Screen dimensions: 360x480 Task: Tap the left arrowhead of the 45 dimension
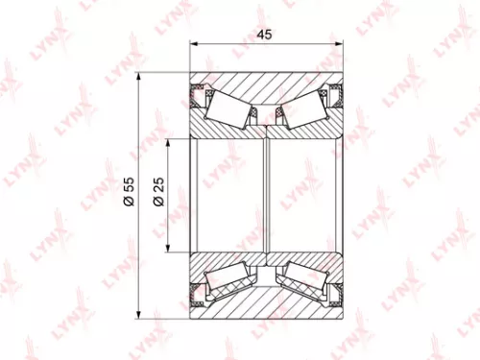[195, 43]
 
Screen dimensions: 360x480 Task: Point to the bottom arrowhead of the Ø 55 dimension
[140, 310]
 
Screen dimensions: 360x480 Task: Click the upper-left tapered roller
[230, 108]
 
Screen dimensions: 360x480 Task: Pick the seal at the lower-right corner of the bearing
[336, 292]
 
